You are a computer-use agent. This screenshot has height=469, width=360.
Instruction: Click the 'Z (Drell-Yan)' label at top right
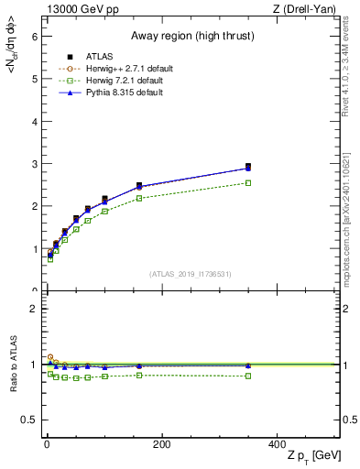pos(307,9)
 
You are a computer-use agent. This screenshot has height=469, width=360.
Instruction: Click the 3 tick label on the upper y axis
pos(33,164)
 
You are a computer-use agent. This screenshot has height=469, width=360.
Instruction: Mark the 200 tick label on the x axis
pos(161,444)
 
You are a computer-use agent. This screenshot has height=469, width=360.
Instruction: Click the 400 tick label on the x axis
pos(276,444)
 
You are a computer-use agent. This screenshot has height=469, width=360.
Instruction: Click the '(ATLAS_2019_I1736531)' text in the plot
pos(191,273)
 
